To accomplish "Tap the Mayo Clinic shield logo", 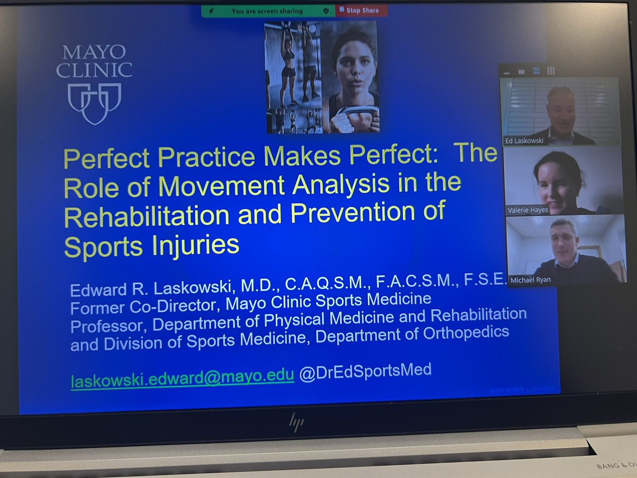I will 94,101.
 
